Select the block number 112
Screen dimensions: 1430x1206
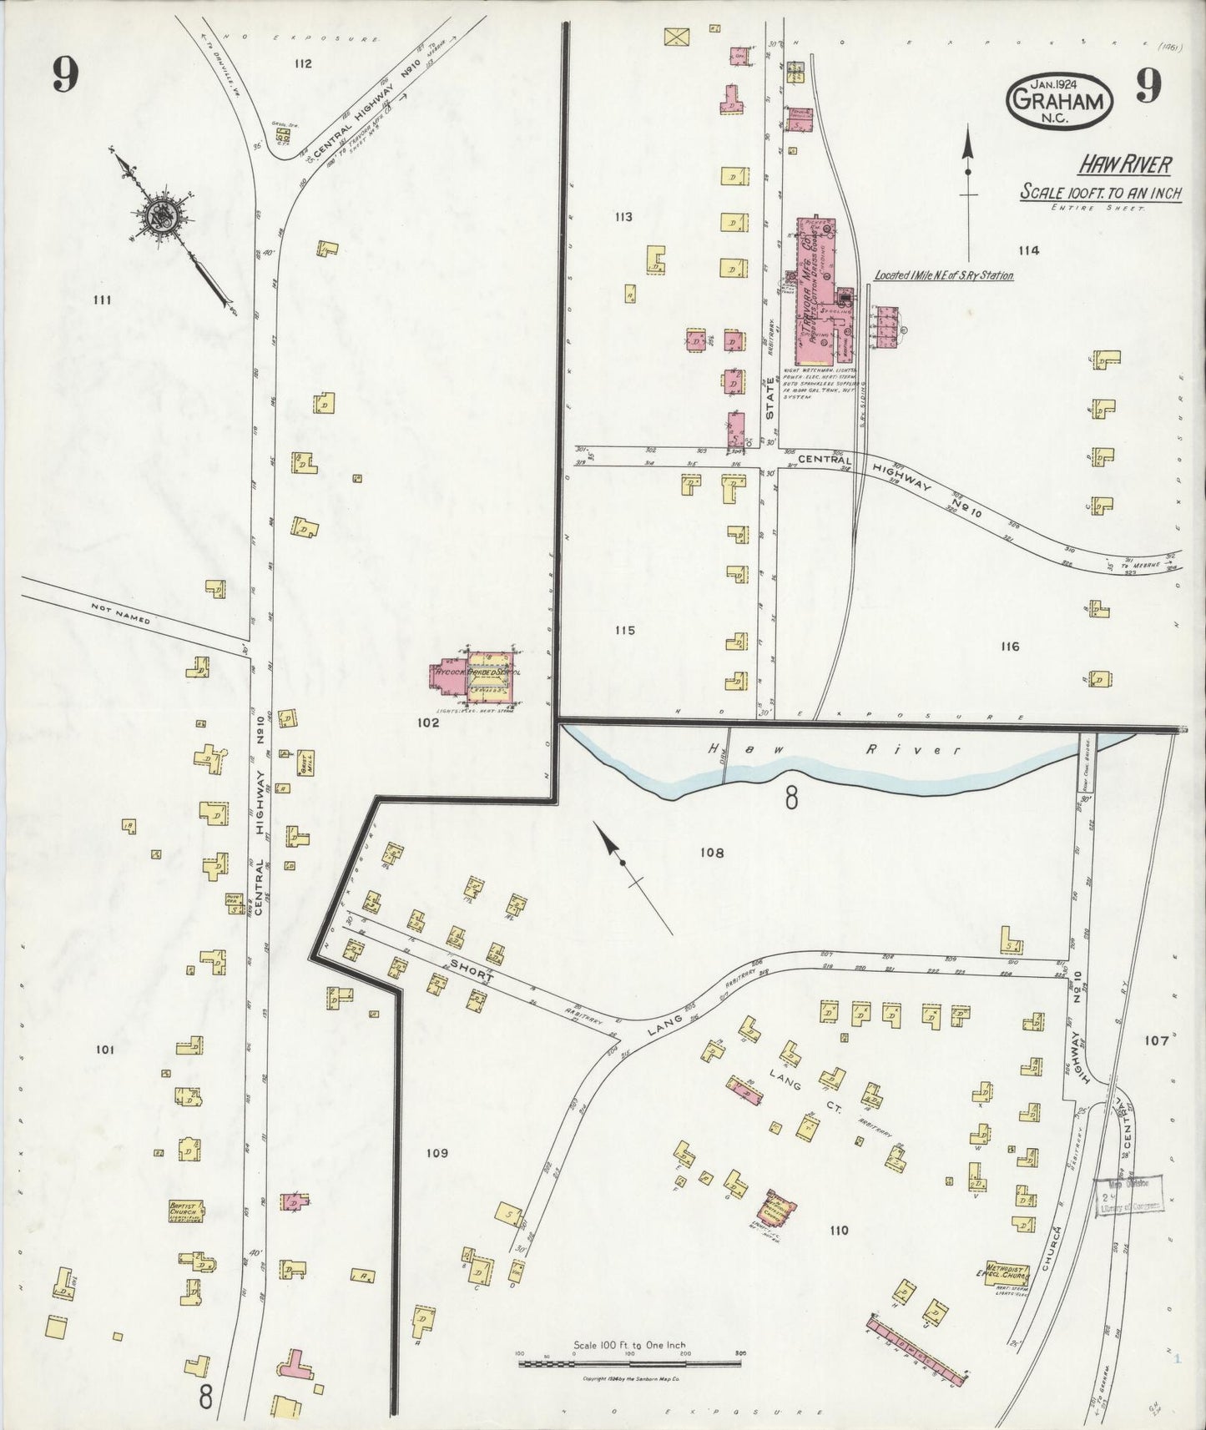tap(302, 63)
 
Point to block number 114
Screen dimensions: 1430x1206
tap(1028, 249)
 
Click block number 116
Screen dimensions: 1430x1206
tap(1008, 646)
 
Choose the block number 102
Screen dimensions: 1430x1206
tap(428, 723)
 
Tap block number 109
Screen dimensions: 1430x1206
tap(436, 1153)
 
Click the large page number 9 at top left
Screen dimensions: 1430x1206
tap(64, 78)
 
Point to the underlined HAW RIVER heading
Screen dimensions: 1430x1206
tap(1123, 165)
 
